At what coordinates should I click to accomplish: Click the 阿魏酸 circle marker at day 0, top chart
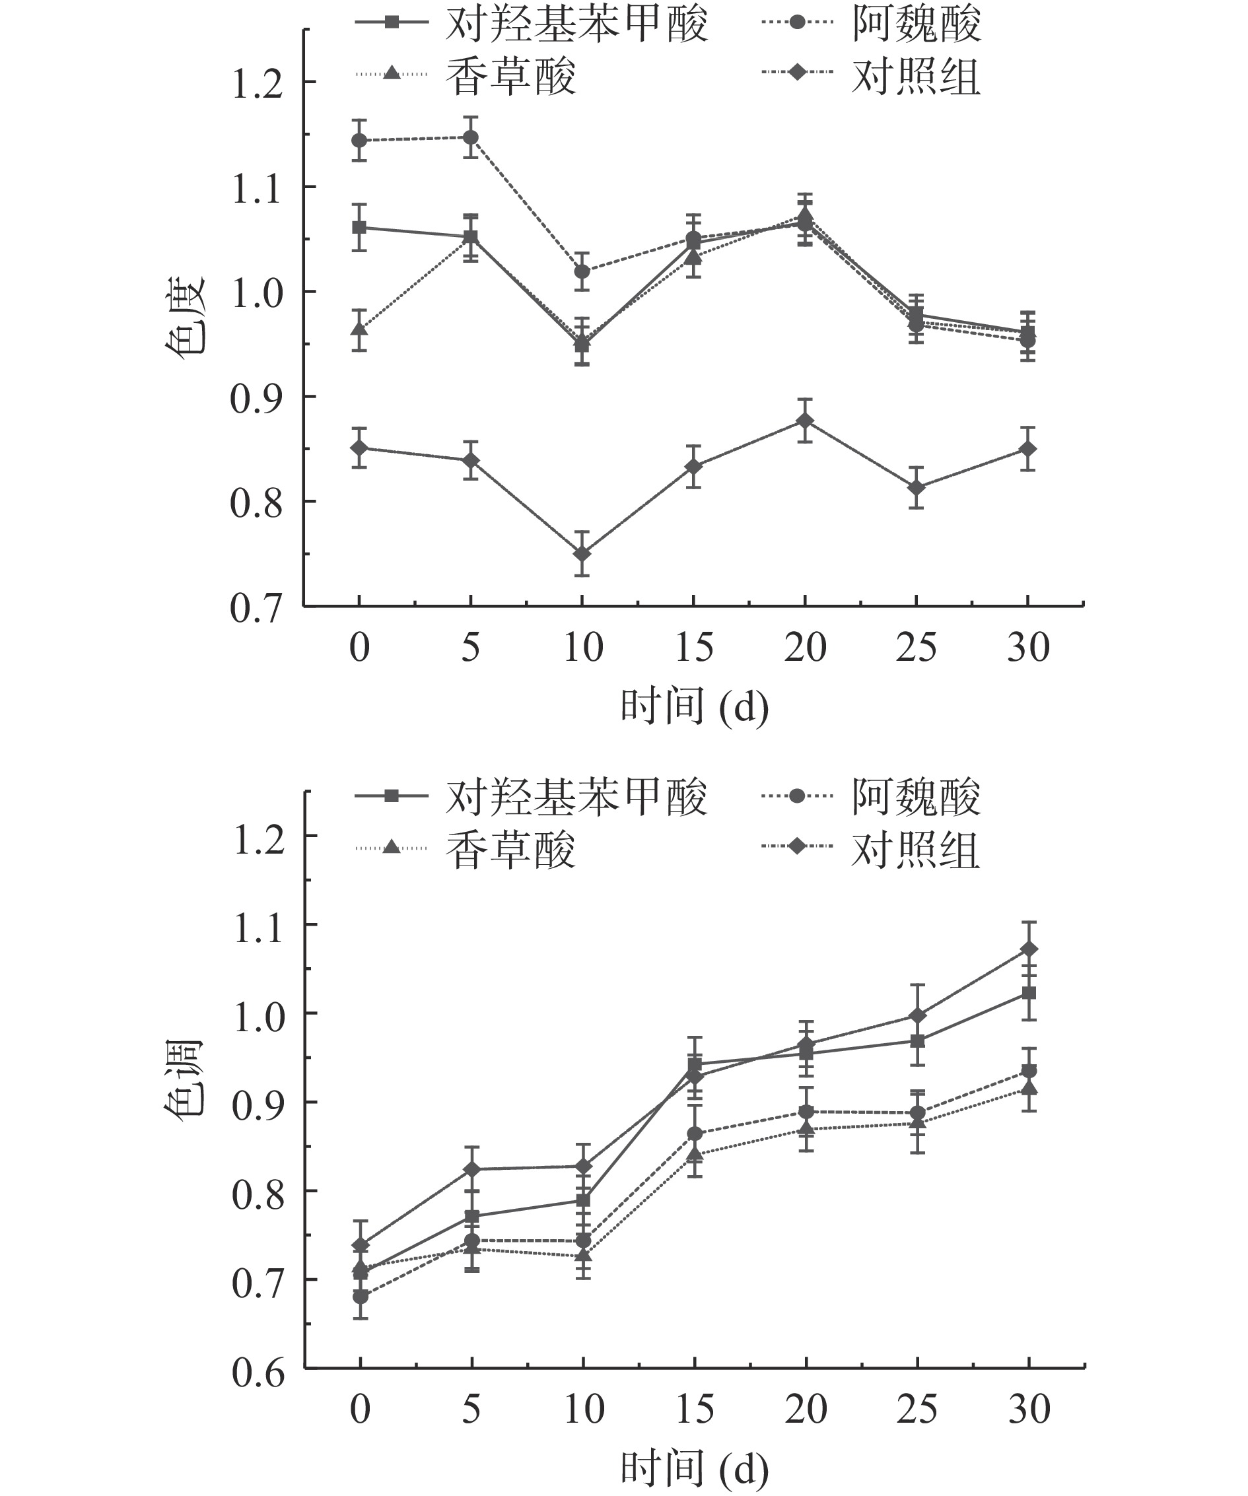click(x=360, y=141)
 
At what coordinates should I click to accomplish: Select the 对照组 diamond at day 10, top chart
click(x=582, y=553)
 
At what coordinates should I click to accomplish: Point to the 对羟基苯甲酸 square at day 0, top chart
click(x=360, y=228)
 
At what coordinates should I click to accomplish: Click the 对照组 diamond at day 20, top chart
click(x=805, y=421)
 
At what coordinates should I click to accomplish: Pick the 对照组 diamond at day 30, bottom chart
click(x=1029, y=949)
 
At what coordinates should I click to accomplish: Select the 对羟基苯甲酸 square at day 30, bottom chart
click(x=1029, y=993)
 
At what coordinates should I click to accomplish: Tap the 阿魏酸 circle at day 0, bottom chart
click(x=361, y=1296)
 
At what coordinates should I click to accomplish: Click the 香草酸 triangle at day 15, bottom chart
click(x=695, y=1154)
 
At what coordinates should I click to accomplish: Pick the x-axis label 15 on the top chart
click(x=694, y=648)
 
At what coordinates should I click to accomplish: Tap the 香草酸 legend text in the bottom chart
click(x=510, y=849)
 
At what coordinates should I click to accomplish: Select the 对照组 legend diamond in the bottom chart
click(x=797, y=846)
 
